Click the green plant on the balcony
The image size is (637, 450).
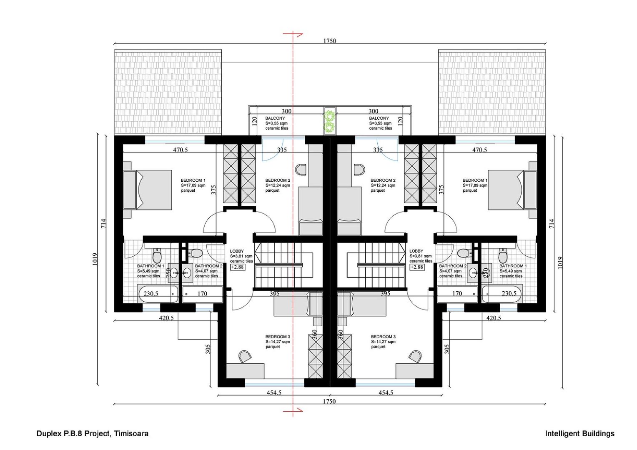(x=330, y=121)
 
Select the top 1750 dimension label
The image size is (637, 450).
(x=329, y=41)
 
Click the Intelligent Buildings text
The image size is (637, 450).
(x=579, y=433)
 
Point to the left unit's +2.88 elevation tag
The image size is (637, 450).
(x=238, y=267)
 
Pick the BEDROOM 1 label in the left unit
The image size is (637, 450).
(x=193, y=180)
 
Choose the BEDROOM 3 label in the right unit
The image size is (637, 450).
(x=383, y=337)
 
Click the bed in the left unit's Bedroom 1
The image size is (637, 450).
(x=148, y=189)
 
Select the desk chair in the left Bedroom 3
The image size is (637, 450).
(x=245, y=355)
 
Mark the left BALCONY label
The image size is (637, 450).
(x=275, y=118)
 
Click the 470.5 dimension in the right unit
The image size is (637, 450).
(x=479, y=150)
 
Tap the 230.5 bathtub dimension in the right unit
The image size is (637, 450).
(x=509, y=293)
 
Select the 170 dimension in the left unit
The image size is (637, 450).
(x=202, y=294)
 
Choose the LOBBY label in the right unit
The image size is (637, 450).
(x=416, y=251)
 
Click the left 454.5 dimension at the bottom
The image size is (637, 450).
(x=273, y=392)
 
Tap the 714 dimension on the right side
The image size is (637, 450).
(x=552, y=223)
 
